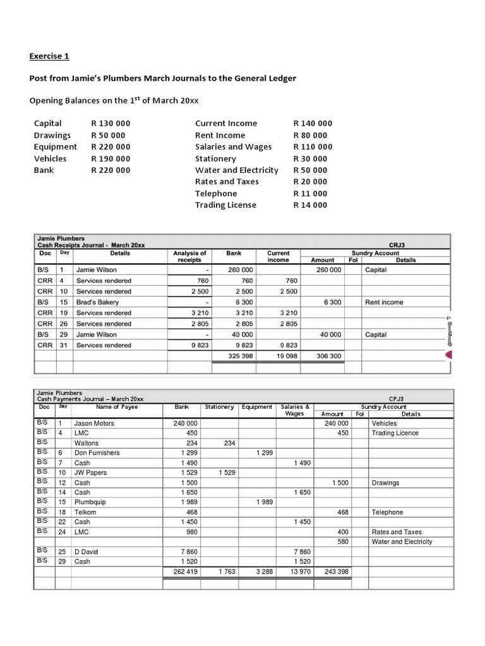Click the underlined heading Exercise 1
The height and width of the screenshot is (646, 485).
49,56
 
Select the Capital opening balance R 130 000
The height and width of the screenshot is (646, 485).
111,124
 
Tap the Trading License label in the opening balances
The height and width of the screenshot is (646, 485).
225,205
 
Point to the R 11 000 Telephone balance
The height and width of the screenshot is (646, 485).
310,194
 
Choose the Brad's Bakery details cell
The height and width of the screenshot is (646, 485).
97,302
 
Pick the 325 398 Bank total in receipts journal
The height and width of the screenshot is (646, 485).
240,356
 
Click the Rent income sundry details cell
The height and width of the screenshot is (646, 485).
384,302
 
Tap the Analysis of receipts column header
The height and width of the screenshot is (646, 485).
189,256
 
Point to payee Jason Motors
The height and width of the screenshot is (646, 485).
94,423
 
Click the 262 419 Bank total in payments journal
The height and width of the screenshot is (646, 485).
185,572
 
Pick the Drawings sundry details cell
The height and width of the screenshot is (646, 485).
385,483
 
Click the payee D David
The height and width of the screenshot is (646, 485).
87,552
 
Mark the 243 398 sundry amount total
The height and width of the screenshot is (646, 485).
335,572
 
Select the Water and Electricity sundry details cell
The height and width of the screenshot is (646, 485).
402,542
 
